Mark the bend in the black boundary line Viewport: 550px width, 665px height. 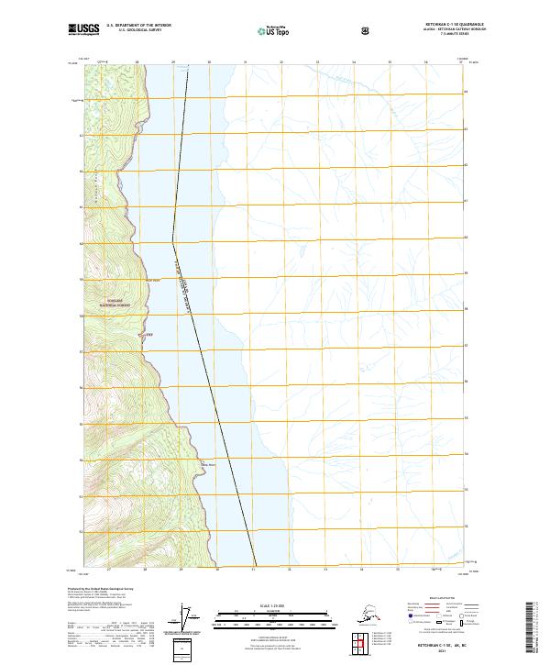tap(174, 241)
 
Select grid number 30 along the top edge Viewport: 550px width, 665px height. tap(209, 63)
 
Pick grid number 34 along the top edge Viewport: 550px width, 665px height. tap(353, 63)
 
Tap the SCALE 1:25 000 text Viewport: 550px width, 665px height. tap(275, 603)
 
